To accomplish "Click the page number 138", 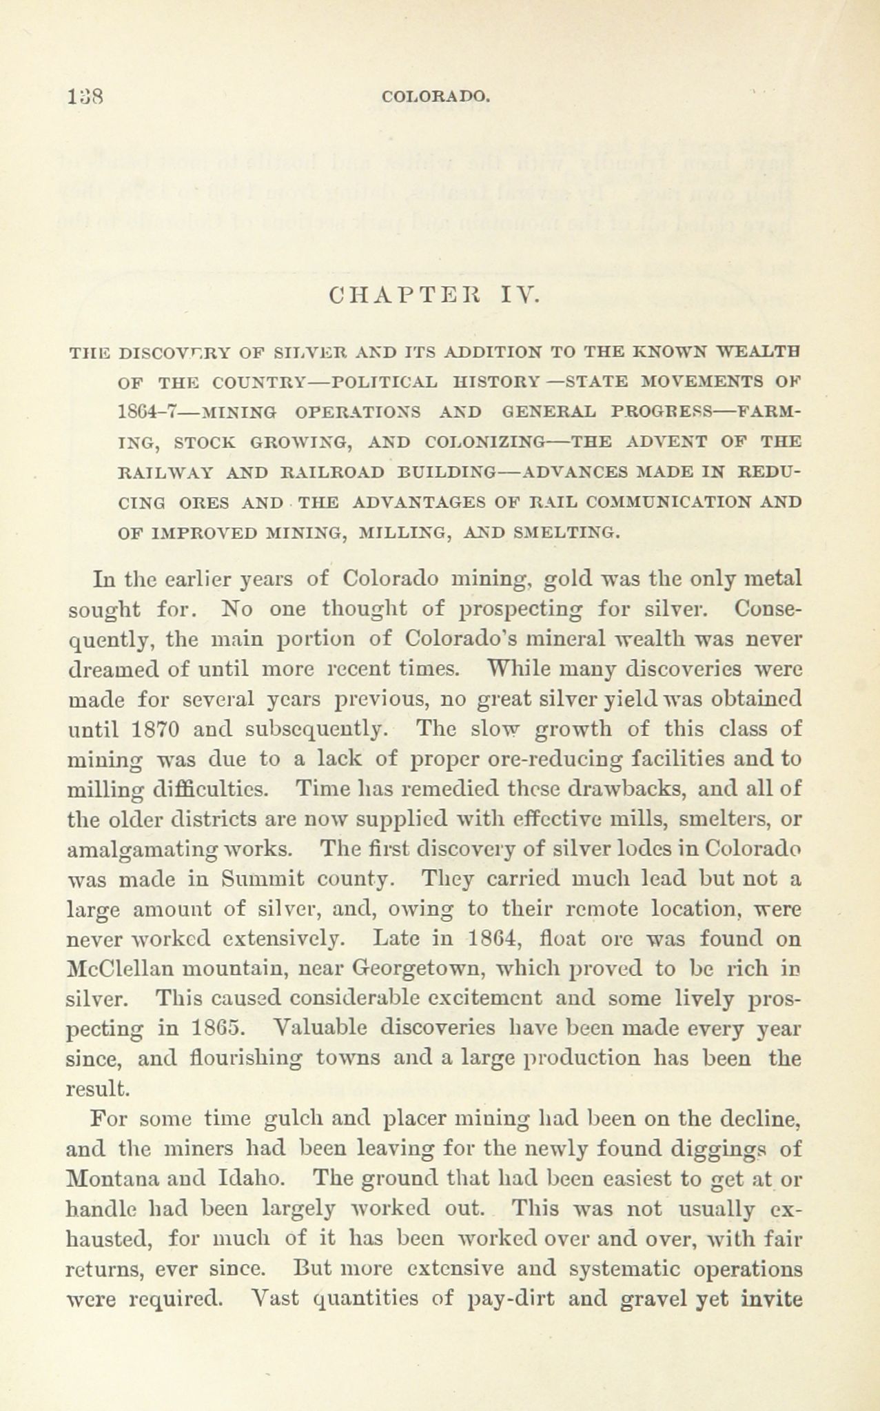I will (85, 97).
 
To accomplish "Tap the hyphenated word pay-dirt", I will (511, 1299).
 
